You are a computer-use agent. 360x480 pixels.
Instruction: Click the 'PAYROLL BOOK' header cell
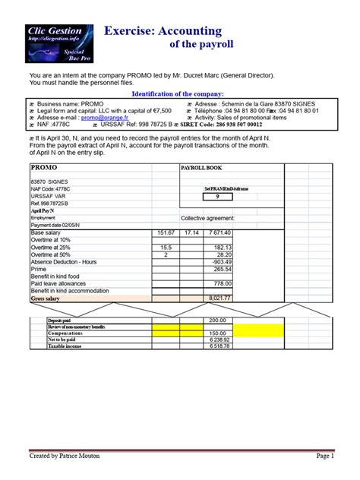[201, 167]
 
